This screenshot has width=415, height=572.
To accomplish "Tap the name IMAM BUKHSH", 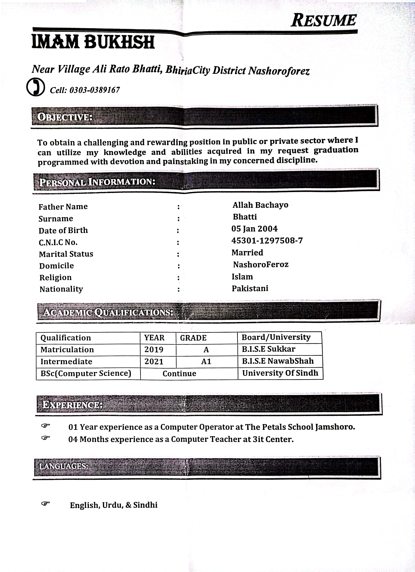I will (93, 42).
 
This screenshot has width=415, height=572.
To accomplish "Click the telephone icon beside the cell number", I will (36, 87).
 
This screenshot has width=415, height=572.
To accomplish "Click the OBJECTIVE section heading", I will (65, 117).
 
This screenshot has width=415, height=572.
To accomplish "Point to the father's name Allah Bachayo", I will (260, 205).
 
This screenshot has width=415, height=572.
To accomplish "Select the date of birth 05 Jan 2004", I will (254, 229).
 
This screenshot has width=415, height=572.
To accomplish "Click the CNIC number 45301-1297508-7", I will (267, 241).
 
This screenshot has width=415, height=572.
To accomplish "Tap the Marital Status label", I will (66, 254).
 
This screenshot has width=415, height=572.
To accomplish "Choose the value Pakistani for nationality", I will (250, 288).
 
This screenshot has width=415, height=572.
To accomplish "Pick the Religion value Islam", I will (242, 277).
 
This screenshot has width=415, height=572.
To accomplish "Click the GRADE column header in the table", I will (193, 338).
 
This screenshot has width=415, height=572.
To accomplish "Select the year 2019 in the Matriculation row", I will (154, 350).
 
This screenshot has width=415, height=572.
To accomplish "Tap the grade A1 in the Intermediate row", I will (206, 361).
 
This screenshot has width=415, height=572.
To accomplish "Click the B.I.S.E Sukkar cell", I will (268, 349).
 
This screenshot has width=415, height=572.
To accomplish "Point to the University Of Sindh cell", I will (280, 373).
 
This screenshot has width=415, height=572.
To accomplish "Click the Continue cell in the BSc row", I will (179, 374).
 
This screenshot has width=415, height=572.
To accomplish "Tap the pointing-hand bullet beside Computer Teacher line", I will (46, 438).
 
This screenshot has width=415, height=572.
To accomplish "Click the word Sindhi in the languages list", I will (145, 505).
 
